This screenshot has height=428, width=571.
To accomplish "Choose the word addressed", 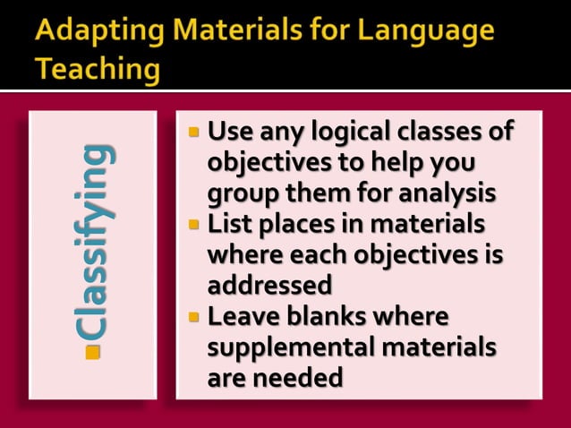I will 269,285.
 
